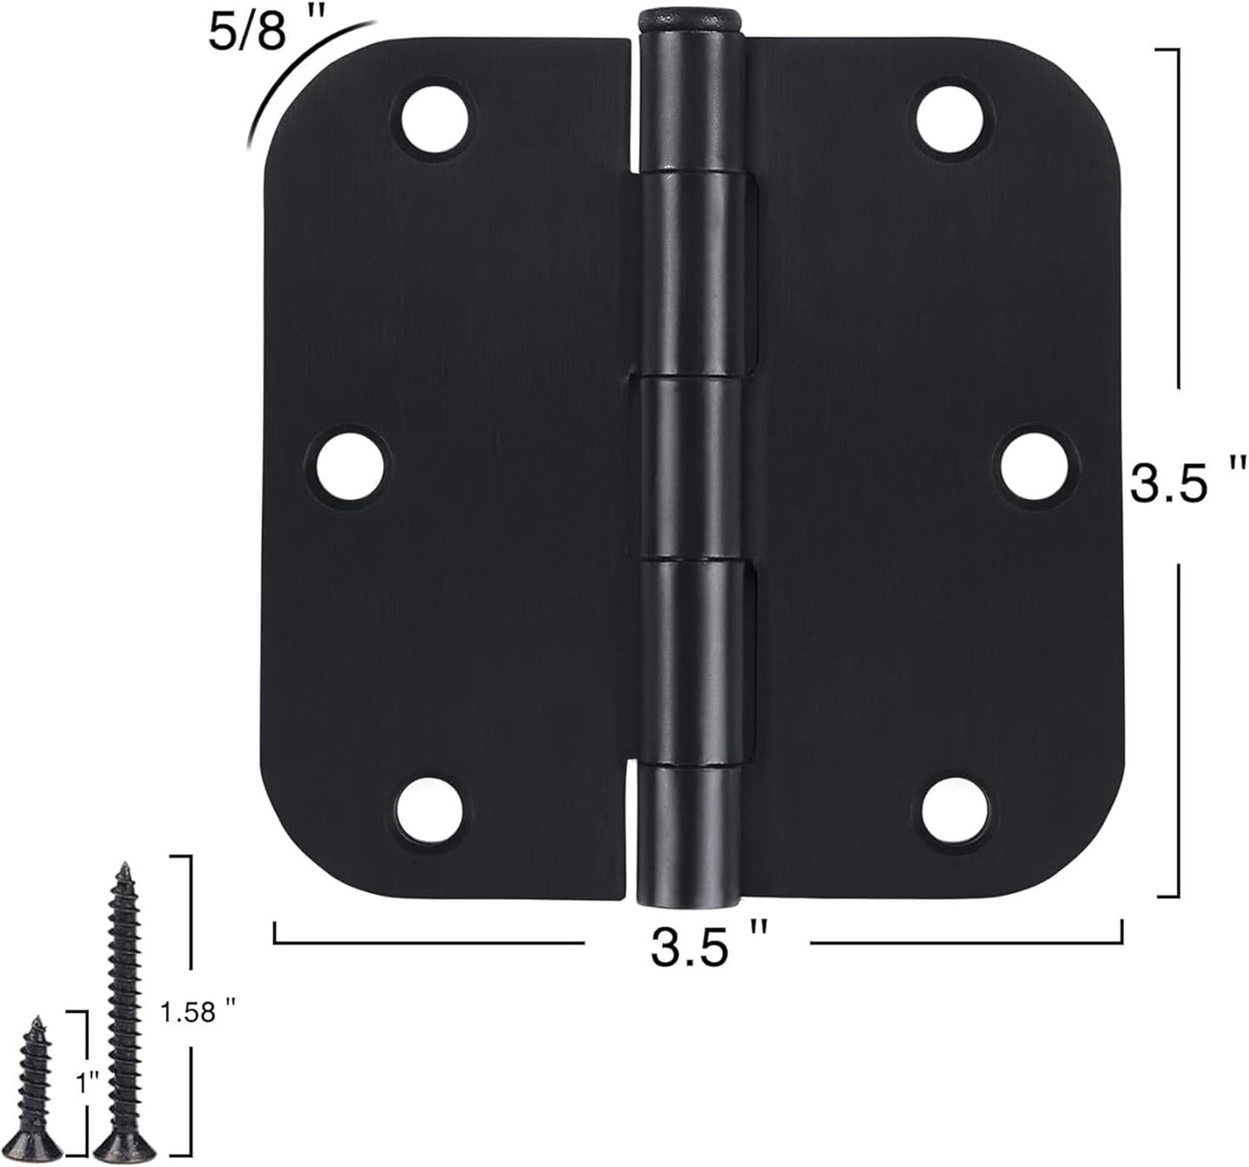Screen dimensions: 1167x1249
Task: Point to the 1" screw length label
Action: [x=87, y=1081]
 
